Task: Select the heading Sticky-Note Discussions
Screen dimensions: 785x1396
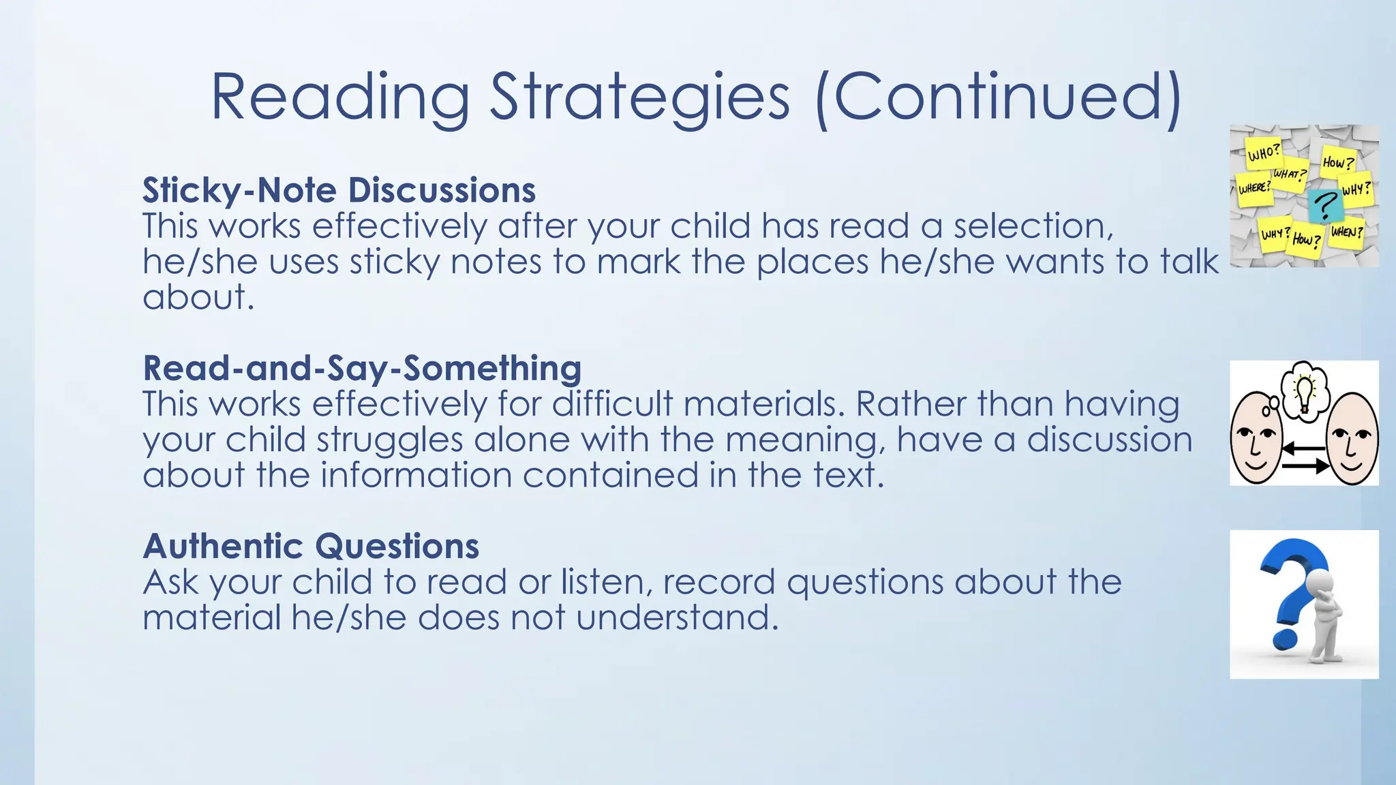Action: coord(339,190)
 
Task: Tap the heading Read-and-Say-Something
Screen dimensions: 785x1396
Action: coord(362,368)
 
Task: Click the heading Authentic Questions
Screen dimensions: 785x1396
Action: coord(311,546)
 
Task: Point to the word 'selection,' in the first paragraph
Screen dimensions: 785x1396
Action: coord(1033,226)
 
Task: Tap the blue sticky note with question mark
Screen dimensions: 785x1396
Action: coord(1326,204)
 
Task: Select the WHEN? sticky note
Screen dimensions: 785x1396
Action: coord(1347,232)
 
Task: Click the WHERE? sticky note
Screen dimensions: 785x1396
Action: coord(1254,187)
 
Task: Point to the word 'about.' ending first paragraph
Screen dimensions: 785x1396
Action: coord(198,297)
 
